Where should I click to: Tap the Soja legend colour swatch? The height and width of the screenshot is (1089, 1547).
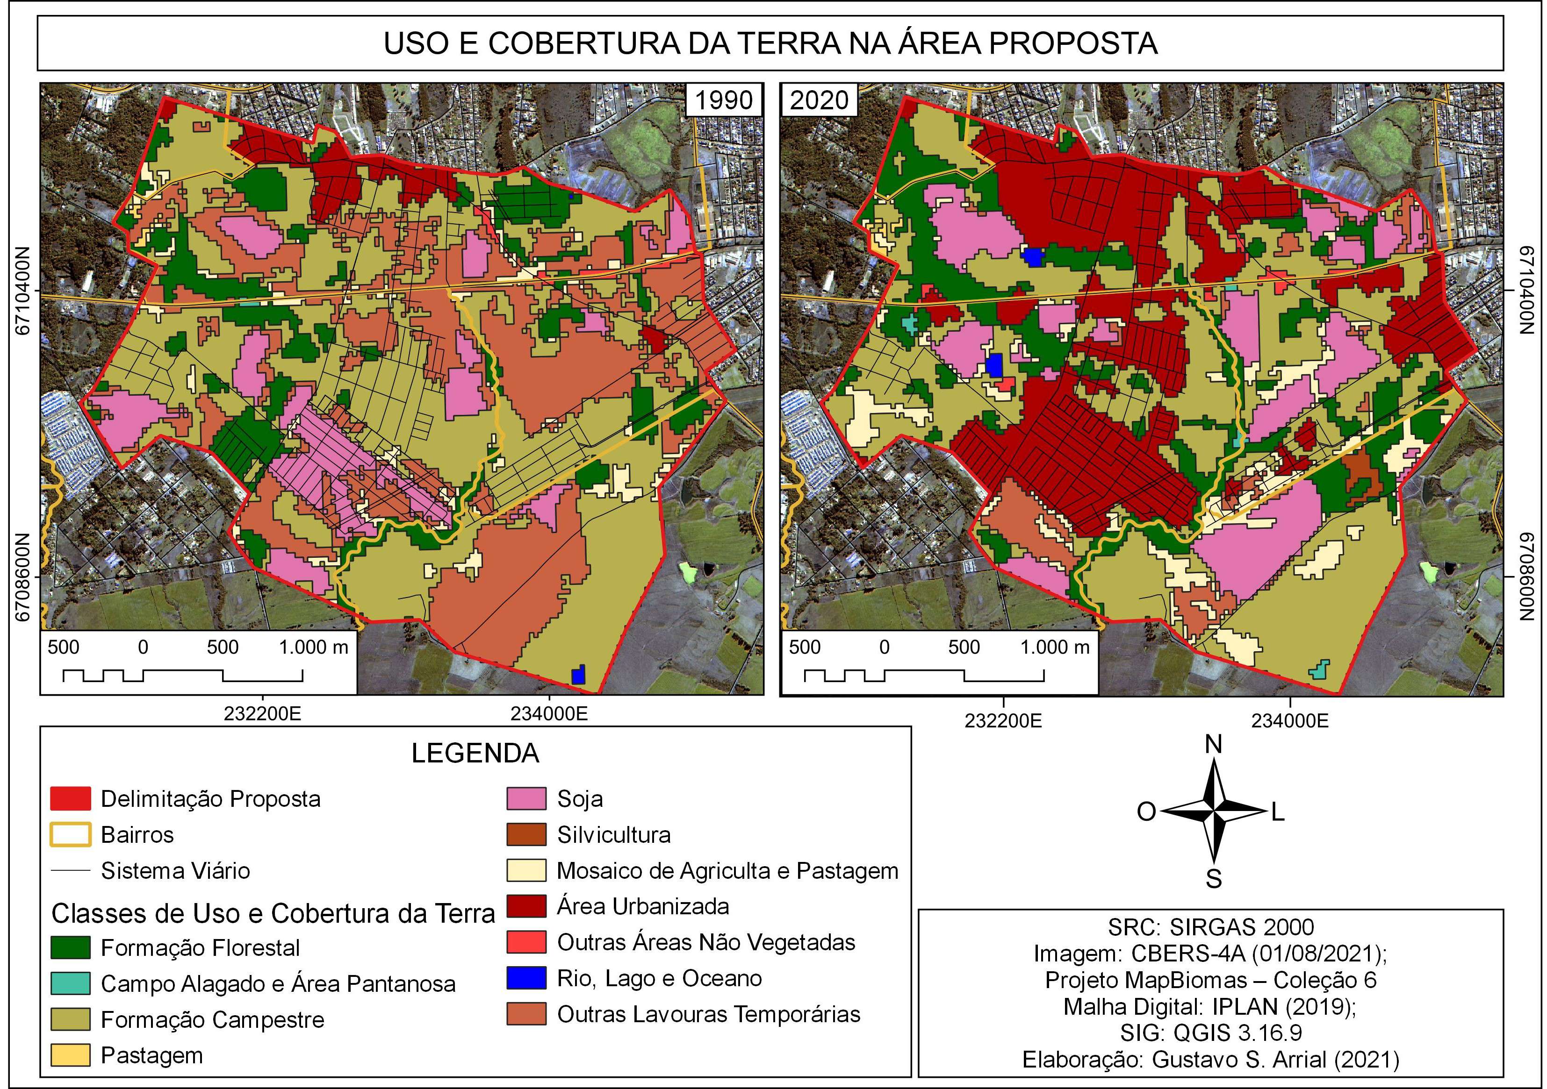(526, 799)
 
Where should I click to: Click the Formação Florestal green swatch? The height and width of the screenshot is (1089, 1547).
(70, 947)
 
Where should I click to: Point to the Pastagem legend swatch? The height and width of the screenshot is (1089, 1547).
(70, 1054)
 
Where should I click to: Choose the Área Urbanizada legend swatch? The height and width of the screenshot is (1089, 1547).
(526, 906)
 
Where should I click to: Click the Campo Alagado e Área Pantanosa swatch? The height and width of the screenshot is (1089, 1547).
(70, 983)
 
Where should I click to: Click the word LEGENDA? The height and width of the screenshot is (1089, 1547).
(475, 753)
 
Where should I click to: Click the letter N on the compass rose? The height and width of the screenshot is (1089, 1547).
(1213, 744)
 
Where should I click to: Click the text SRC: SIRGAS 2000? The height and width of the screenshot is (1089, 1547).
(1211, 927)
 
